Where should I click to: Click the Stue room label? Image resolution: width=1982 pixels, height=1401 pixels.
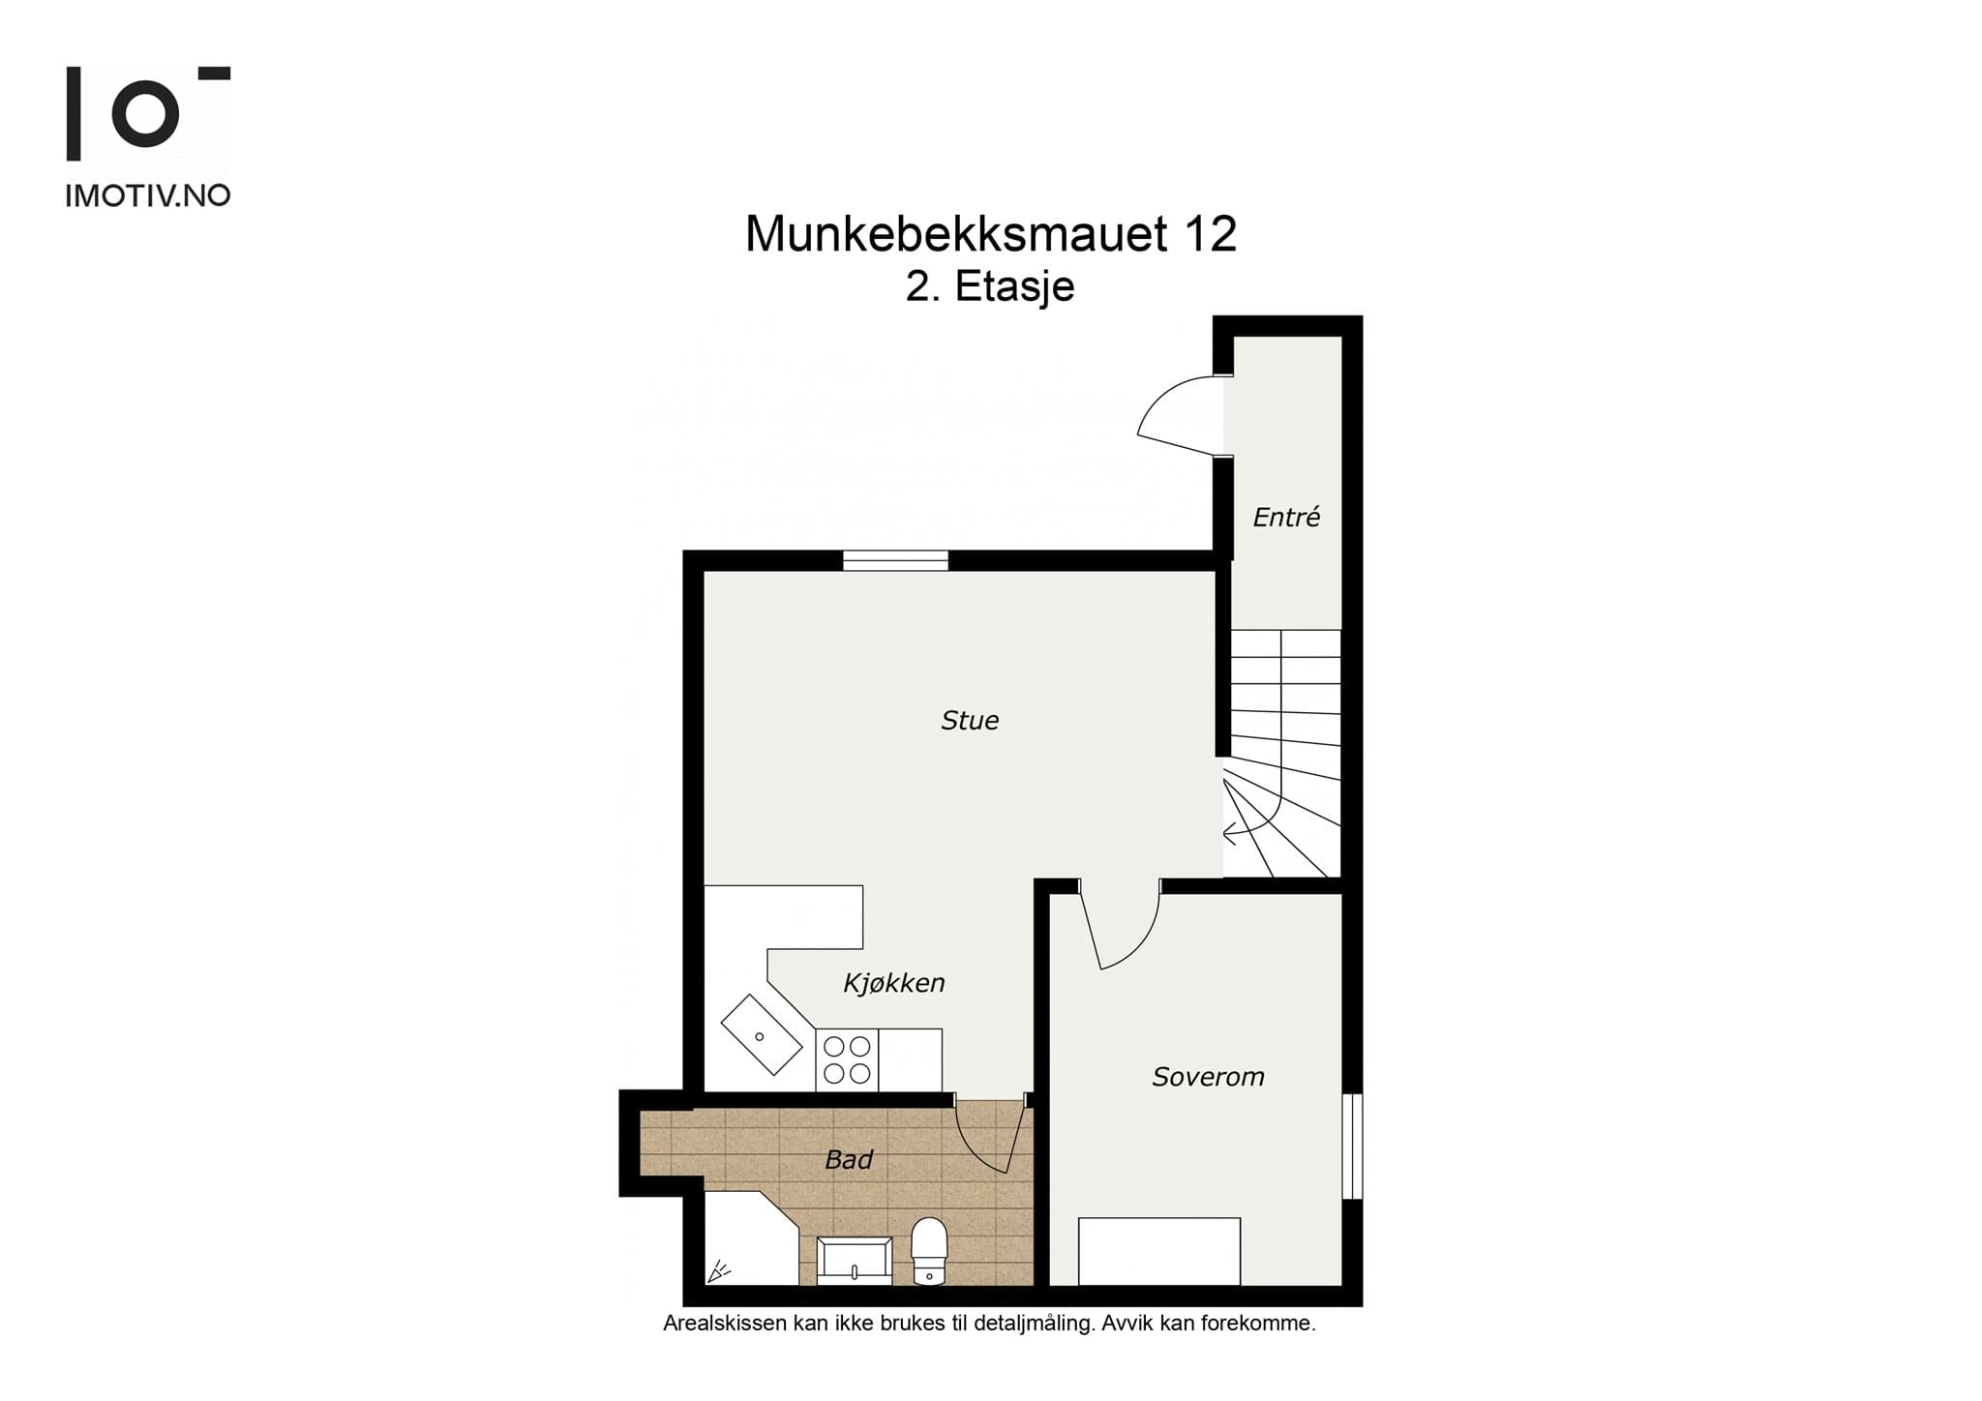tap(970, 721)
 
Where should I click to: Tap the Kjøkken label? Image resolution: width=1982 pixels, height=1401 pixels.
tap(893, 983)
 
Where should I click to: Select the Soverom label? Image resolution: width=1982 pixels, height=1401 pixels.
tap(1208, 1077)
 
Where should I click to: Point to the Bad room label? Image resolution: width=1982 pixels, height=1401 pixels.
tap(849, 1159)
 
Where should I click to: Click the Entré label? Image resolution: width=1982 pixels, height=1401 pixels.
tap(1286, 518)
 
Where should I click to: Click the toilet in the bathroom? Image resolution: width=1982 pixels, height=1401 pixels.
tap(929, 1251)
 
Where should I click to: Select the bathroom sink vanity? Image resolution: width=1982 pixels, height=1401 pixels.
tap(855, 1261)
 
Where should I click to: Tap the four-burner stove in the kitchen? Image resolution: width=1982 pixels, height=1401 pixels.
tap(847, 1060)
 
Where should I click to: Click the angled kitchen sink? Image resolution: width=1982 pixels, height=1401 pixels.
tap(762, 1034)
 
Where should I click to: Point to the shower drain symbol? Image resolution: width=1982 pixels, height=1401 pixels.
tap(718, 1270)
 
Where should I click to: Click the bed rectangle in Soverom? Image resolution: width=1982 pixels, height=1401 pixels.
tap(1159, 1251)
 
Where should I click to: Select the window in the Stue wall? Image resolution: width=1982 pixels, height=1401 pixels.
tap(895, 560)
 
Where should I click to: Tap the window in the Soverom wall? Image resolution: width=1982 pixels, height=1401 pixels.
tap(1352, 1147)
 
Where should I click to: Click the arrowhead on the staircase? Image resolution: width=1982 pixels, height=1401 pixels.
tap(1230, 831)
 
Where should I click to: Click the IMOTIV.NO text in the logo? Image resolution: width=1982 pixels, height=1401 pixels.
tap(148, 196)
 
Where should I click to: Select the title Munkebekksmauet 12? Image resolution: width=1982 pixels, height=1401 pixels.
tap(990, 234)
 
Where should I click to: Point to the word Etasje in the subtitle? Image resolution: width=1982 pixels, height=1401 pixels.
tap(1015, 286)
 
